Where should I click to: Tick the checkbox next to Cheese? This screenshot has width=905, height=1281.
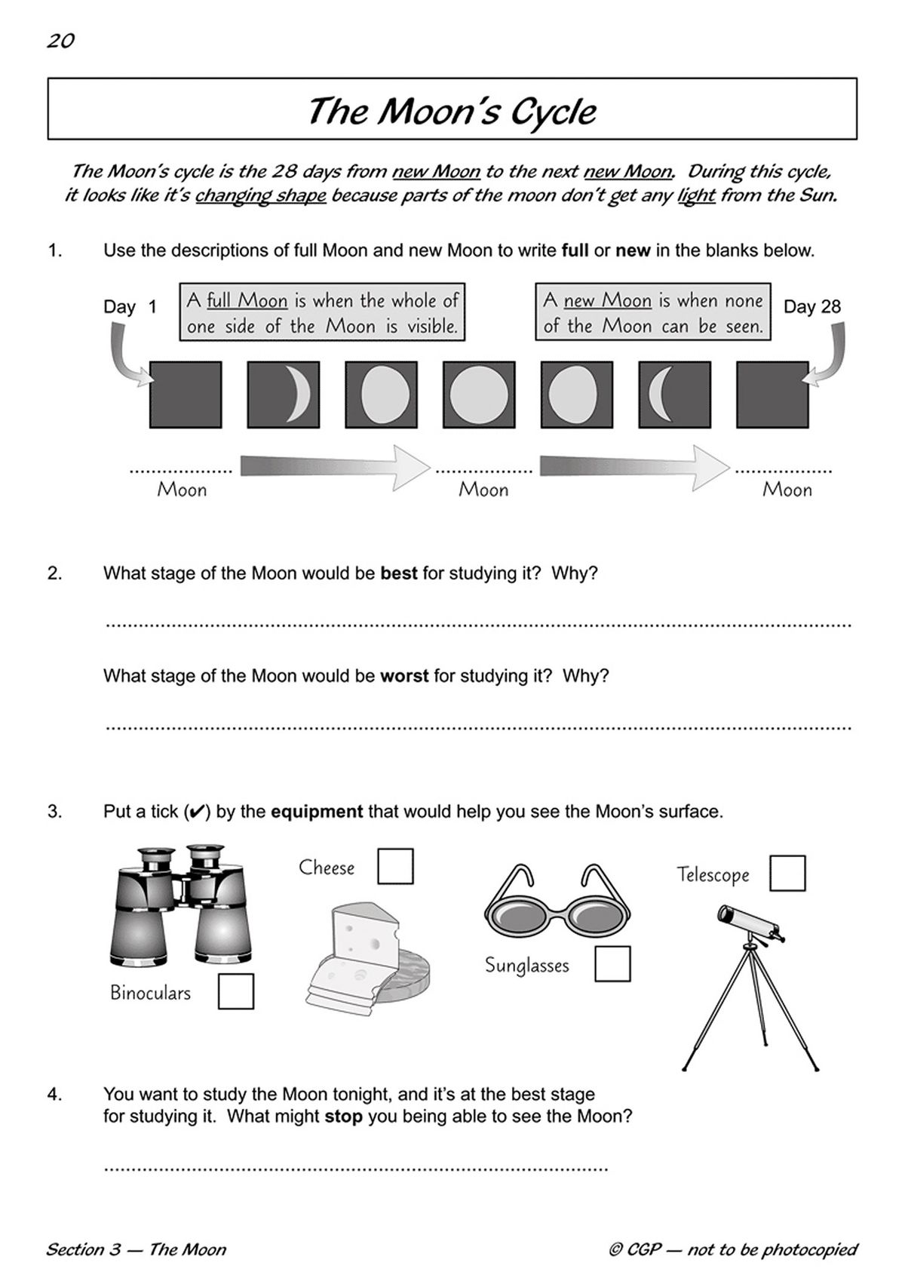[395, 865]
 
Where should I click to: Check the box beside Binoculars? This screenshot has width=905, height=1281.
[236, 991]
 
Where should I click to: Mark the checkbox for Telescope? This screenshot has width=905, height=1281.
[787, 873]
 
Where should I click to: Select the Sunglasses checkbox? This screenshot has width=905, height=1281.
[612, 963]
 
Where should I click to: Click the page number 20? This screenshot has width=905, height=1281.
[60, 41]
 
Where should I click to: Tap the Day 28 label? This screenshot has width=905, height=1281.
[811, 306]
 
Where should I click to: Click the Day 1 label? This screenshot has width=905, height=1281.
[130, 307]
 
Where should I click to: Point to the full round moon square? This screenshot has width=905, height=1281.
[479, 395]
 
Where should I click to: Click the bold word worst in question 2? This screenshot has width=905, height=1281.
[404, 676]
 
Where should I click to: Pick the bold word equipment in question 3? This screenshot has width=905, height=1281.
[317, 812]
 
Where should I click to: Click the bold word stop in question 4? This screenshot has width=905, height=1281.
[344, 1116]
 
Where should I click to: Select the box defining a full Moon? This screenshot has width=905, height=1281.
[322, 313]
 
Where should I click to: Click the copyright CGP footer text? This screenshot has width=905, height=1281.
[733, 1249]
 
